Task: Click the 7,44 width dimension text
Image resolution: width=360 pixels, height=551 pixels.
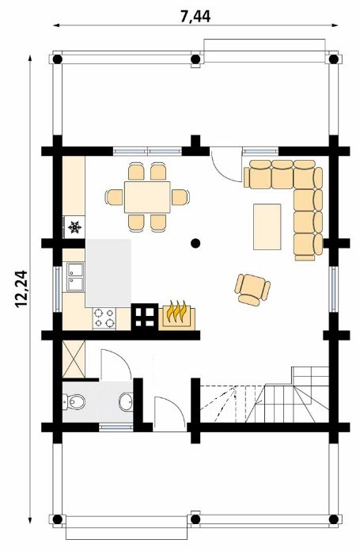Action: tap(195, 17)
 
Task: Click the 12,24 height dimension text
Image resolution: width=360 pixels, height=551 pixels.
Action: tap(21, 289)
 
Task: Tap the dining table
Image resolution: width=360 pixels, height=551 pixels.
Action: tap(147, 197)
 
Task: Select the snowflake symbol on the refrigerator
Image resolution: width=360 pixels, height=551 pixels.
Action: tap(75, 227)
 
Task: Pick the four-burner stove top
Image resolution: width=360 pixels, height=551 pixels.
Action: tap(104, 318)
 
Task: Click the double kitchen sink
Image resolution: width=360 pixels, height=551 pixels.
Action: tap(75, 277)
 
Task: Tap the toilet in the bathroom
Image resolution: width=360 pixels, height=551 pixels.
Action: tap(74, 402)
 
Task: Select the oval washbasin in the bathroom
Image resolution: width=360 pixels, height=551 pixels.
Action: tap(126, 401)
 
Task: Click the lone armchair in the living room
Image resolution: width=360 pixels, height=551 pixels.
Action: tap(252, 289)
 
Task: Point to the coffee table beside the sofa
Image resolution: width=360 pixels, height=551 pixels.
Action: tap(267, 226)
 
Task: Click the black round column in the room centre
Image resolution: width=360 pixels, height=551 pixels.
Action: tap(195, 243)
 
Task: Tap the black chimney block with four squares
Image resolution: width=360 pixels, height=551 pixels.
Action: tap(145, 317)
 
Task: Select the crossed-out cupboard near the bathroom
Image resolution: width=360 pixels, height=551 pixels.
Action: tap(74, 359)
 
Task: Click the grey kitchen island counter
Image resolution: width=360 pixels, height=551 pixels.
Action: tap(108, 272)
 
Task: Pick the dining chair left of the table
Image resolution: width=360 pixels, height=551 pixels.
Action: tap(114, 197)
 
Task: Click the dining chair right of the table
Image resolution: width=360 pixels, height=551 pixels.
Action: tap(180, 197)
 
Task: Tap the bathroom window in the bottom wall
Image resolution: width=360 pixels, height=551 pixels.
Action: tap(116, 427)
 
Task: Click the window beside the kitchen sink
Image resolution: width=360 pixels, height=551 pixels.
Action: tap(58, 289)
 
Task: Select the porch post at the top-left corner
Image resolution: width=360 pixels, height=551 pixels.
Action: tap(58, 59)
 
